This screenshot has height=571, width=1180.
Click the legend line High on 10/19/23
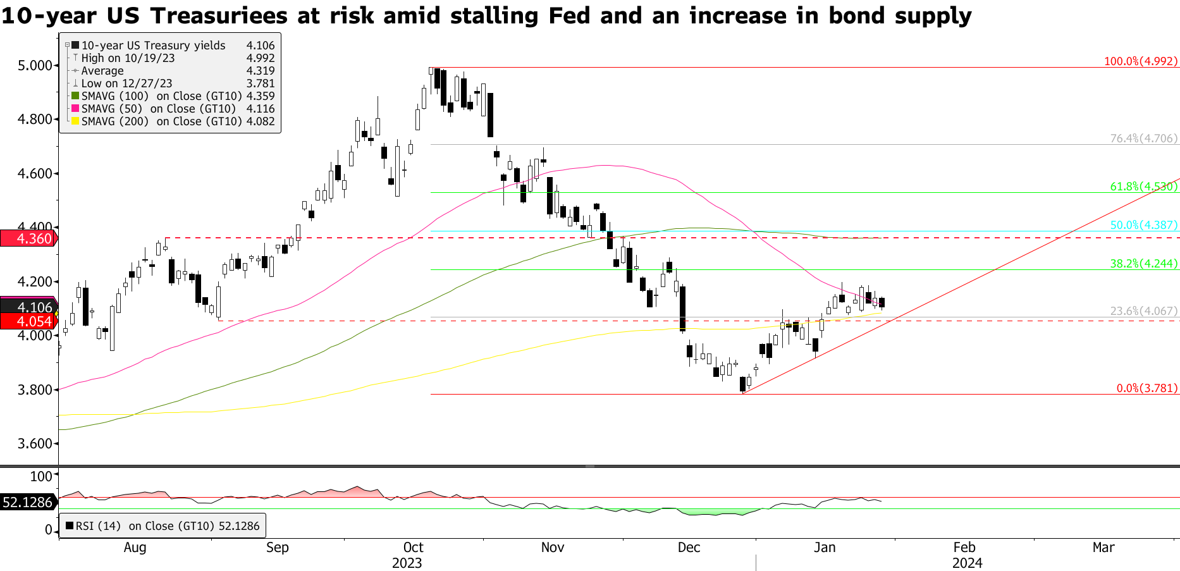[x=128, y=58]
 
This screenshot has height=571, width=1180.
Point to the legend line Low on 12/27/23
[x=126, y=83]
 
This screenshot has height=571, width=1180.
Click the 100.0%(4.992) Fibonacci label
[x=1141, y=61]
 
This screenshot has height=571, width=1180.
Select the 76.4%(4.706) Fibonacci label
[x=1144, y=138]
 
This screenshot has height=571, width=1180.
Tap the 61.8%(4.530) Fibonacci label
[x=1144, y=187]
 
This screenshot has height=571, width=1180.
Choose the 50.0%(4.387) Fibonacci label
[x=1144, y=225]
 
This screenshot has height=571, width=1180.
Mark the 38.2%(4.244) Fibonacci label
[x=1144, y=264]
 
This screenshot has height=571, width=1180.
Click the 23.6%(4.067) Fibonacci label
[x=1144, y=311]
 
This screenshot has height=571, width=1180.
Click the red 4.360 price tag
[x=28, y=238]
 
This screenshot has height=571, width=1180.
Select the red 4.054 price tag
[x=28, y=321]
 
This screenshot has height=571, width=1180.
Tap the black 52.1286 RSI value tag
[x=28, y=503]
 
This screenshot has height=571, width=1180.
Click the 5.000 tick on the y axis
[x=35, y=66]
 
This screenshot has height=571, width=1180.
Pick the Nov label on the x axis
[x=553, y=548]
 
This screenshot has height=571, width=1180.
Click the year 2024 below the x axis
[x=967, y=563]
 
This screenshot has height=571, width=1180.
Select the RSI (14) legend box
[x=163, y=526]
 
